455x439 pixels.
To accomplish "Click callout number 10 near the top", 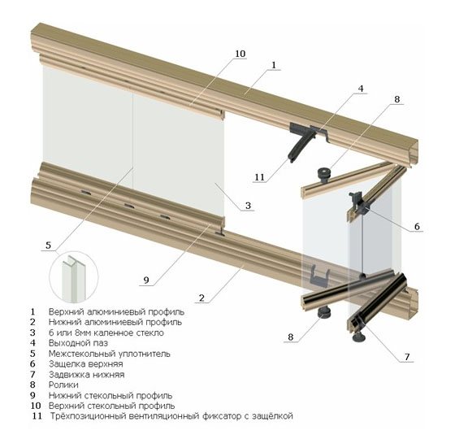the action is [240, 54].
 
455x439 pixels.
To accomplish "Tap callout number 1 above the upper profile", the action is [273, 65].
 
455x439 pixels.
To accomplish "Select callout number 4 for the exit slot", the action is [361, 89].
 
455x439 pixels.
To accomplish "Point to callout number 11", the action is [259, 177].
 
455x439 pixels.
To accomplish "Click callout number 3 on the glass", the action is [248, 206].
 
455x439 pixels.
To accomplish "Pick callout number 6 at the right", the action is [417, 226].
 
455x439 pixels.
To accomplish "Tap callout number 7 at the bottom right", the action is [407, 357].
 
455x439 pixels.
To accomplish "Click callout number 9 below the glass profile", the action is [146, 280].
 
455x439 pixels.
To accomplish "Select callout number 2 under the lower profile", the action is [201, 298].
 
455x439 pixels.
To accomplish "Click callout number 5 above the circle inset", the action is [48, 246].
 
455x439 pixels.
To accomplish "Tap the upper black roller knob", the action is [323, 175].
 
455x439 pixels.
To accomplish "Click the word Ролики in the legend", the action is [63, 385].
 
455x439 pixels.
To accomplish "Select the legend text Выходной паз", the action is [78, 343].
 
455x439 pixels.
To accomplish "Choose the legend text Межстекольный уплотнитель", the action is [110, 354].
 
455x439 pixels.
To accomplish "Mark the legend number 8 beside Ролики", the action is [32, 385].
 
